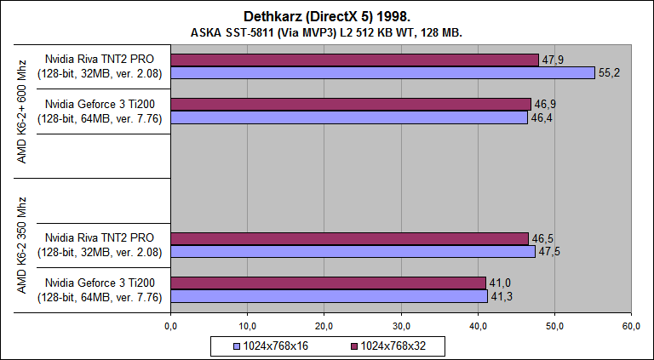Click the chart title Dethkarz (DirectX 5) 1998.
point(327,16)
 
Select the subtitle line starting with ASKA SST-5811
point(327,32)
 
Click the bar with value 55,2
point(382,73)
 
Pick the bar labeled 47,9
point(354,60)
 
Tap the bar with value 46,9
point(351,105)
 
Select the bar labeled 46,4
point(349,117)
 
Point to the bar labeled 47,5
point(353,251)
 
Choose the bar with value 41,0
point(328,283)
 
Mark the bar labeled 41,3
point(329,295)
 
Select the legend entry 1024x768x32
point(393,346)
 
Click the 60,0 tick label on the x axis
point(632,326)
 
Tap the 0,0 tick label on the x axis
point(170,326)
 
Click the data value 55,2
point(610,74)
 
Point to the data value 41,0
point(500,283)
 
